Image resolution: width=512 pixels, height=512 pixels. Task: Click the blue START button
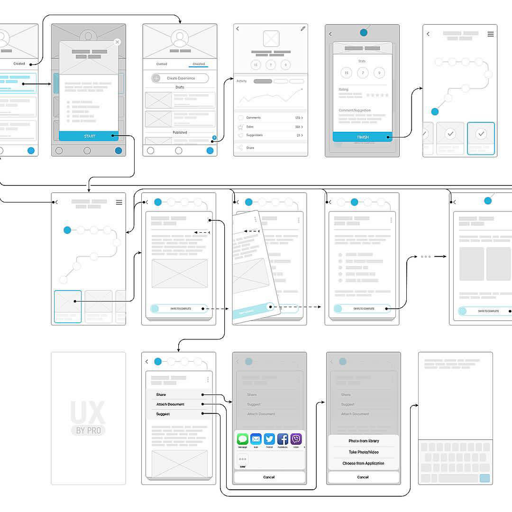[x=89, y=136]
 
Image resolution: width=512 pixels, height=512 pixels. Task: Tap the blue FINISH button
[x=362, y=137]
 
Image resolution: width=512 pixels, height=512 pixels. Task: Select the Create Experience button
[x=180, y=78]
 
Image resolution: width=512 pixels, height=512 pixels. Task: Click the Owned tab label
[x=162, y=64]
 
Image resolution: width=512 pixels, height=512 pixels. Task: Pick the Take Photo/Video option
[x=363, y=452]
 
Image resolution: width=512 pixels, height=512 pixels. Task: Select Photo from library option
[x=363, y=441]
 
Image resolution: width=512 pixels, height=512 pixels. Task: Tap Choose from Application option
[x=363, y=463]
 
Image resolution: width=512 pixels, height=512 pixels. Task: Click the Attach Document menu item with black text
[x=170, y=404]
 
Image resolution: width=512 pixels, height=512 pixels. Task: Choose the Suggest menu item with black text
[x=163, y=414]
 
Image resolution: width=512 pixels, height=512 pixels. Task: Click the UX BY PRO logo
[x=88, y=418]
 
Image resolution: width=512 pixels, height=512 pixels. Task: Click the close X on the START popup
[x=117, y=42]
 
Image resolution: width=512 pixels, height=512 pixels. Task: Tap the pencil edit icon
[x=303, y=29]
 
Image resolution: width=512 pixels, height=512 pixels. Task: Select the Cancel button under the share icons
[x=269, y=477]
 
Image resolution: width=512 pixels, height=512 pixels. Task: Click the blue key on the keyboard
[x=485, y=478]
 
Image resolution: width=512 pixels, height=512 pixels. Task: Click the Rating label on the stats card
[x=343, y=89]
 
